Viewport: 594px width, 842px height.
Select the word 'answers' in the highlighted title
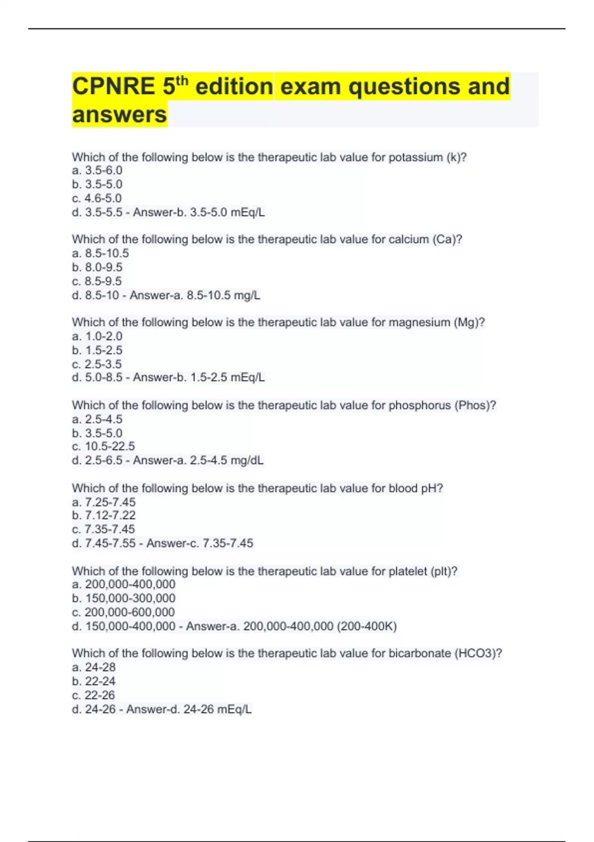119,115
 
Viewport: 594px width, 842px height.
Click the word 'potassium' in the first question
415,158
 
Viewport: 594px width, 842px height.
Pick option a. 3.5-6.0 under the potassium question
97,170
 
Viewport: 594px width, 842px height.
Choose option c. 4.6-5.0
97,199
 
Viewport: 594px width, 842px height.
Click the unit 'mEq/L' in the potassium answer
247,212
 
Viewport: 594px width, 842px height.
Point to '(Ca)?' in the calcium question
447,240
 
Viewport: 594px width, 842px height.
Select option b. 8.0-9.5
97,267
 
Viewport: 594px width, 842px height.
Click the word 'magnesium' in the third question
419,322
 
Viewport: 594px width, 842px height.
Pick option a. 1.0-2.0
97,336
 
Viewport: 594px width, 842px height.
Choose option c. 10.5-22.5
103,446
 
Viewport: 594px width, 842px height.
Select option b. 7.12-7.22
103,516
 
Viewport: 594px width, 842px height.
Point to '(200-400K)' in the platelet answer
367,627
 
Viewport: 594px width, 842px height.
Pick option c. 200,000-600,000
123,612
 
